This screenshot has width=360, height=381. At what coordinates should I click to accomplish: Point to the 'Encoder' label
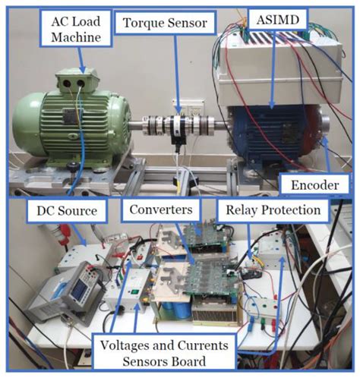[320, 184]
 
